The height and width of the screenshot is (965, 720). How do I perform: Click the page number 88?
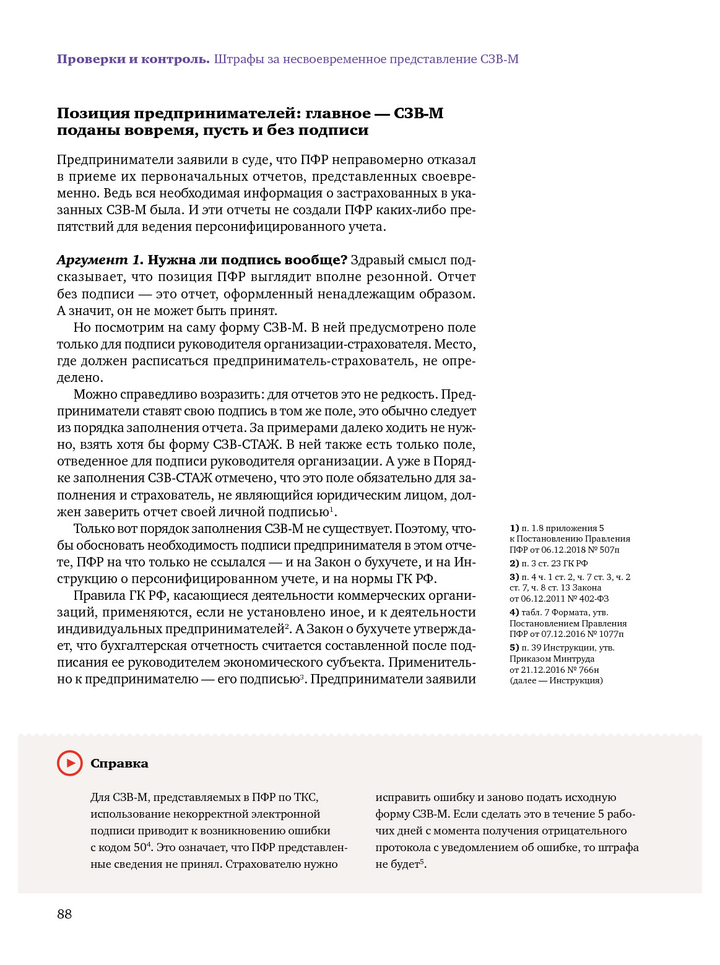click(x=64, y=914)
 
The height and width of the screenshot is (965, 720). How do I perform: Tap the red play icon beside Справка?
click(x=69, y=763)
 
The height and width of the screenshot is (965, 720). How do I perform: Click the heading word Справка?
click(x=119, y=764)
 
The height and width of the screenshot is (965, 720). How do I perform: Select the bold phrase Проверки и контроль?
click(x=133, y=59)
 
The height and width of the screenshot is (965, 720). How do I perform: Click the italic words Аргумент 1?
click(x=100, y=260)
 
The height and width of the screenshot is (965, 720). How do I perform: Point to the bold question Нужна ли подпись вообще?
click(x=248, y=260)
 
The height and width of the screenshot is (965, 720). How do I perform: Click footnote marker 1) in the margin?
click(x=514, y=528)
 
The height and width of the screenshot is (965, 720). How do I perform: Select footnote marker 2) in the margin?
click(x=514, y=563)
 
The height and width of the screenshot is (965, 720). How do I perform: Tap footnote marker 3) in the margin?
click(x=514, y=577)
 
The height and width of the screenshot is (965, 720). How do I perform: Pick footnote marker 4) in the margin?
click(x=514, y=612)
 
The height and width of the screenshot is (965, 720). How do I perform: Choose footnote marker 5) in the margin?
click(x=514, y=647)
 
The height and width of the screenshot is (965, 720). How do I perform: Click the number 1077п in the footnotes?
click(x=611, y=634)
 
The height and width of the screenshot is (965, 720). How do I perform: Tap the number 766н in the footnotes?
click(x=589, y=670)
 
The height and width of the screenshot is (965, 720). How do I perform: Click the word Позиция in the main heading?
click(x=93, y=113)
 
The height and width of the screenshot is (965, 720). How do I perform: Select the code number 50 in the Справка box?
click(x=140, y=848)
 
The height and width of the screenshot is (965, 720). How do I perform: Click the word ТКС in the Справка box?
click(x=306, y=797)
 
